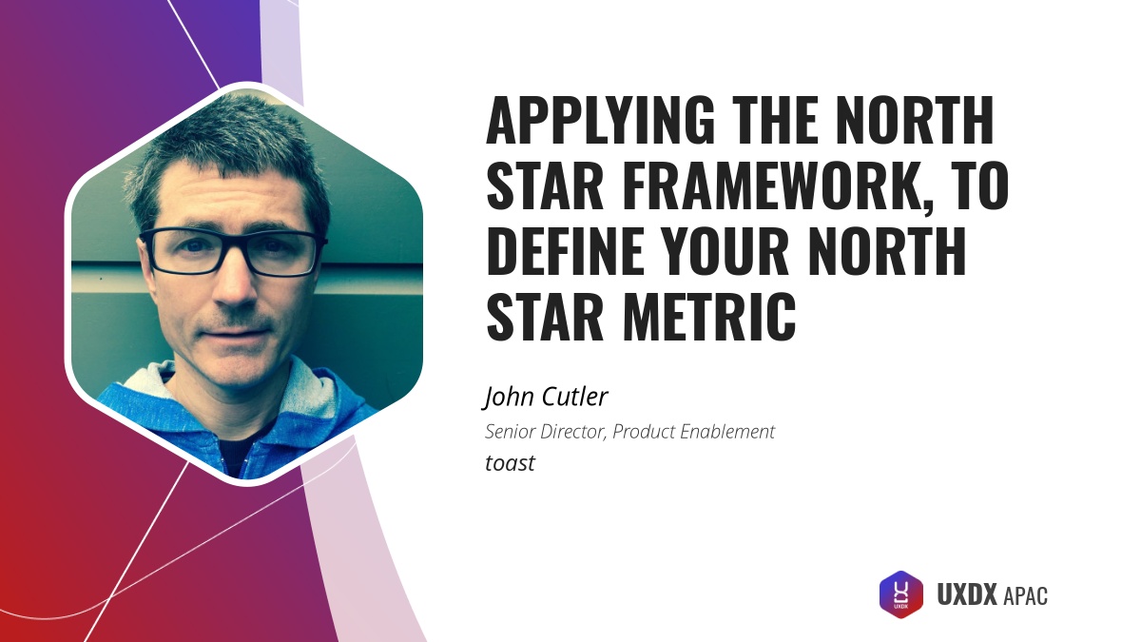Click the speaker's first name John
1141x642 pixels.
point(512,396)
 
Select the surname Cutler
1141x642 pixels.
point(575,396)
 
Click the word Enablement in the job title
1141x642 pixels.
point(727,432)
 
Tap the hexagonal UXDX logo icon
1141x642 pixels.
point(900,594)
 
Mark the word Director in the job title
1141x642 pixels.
point(573,432)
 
